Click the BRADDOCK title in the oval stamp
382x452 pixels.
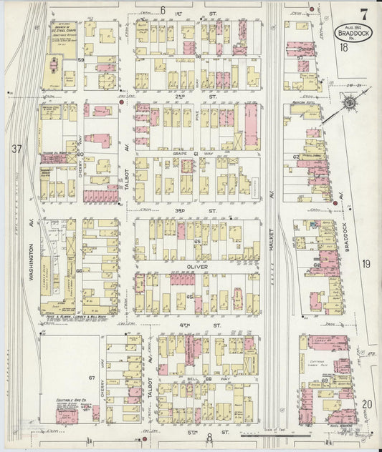pos(350,33)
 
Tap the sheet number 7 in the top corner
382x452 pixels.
pos(364,12)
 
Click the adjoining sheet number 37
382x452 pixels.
pos(16,149)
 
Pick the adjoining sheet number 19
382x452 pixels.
pos(366,265)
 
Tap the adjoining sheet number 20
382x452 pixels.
pos(366,405)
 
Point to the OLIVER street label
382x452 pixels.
pos(197,267)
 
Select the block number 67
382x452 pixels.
pos(92,377)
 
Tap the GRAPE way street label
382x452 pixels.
pos(179,153)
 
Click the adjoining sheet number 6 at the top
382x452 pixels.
pos(163,9)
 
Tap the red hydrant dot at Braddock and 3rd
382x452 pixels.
pos(334,208)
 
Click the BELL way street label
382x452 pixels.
pos(189,376)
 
